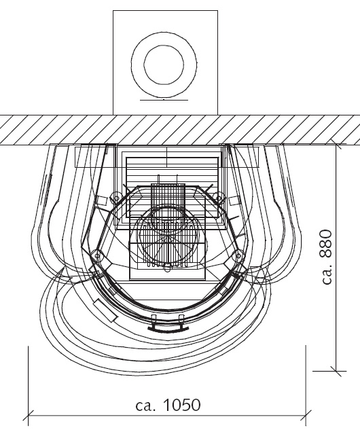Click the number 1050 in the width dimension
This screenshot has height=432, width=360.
click(x=182, y=405)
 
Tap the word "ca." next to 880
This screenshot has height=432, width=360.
click(x=328, y=274)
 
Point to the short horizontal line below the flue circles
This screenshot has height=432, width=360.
click(x=164, y=100)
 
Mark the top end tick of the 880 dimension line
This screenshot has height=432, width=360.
click(x=336, y=144)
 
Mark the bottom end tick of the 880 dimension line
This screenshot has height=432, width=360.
click(x=336, y=371)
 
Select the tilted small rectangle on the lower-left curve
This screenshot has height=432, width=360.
click(x=105, y=310)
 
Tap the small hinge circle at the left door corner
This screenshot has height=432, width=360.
click(x=97, y=255)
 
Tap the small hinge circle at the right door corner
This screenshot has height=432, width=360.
click(x=238, y=255)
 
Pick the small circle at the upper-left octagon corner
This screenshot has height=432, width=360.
click(x=117, y=198)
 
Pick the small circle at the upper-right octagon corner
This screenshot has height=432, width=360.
click(x=219, y=197)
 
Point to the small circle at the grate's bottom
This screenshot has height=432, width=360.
click(x=167, y=267)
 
